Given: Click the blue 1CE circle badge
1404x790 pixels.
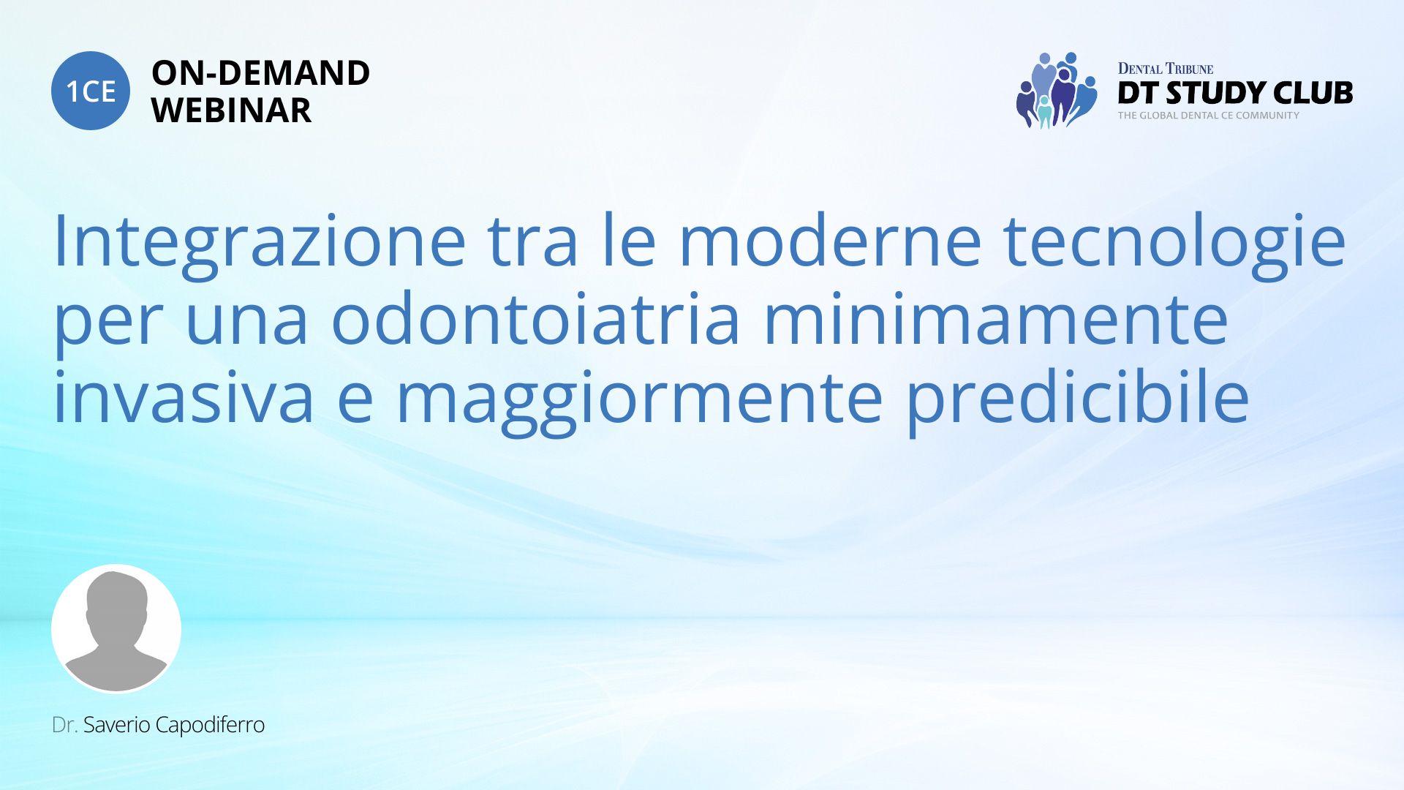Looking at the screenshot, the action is click(91, 91).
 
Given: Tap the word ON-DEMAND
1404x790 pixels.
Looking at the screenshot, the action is click(260, 73).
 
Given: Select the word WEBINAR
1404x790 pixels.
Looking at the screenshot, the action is click(231, 110).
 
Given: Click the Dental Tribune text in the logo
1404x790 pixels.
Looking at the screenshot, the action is click(1166, 69).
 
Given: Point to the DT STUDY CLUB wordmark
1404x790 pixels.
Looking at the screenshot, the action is click(1235, 93).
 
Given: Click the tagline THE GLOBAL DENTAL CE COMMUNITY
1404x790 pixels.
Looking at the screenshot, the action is click(1208, 116).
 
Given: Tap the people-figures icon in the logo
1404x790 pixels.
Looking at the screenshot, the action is click(1057, 90).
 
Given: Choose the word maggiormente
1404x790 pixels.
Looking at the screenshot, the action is click(639, 403).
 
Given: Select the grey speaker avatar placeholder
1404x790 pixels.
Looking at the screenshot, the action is click(116, 628).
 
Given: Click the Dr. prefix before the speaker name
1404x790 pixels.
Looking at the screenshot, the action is click(64, 725).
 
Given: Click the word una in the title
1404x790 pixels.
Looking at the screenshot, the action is click(247, 325).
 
